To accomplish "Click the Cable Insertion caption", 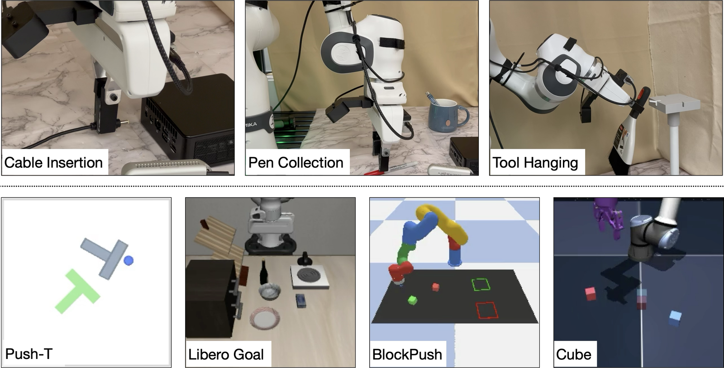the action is coord(53,162).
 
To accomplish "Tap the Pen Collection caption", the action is coord(296,162).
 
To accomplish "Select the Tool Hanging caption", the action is coord(535,162).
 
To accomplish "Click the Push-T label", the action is coord(29,354).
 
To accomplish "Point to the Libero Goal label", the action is coord(226,354).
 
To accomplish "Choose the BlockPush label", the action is coord(407,354).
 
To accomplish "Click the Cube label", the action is coord(574,354).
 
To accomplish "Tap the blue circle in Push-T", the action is coord(129,260).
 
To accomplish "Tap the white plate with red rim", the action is coord(265,319).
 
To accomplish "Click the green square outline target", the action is coord(481,285).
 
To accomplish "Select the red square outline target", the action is coord(487,311).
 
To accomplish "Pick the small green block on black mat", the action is coord(412,300).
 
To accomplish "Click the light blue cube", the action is coord(675,318).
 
